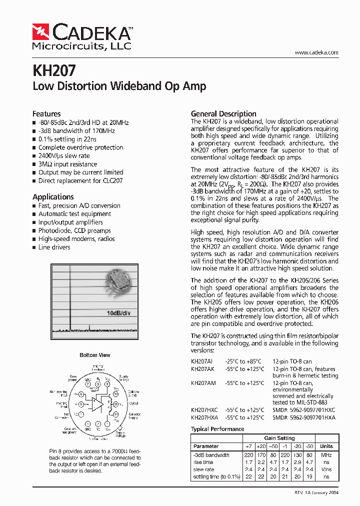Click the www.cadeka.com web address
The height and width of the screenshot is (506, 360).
316,52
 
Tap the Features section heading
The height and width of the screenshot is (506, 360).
46,113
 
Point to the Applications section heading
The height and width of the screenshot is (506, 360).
53,196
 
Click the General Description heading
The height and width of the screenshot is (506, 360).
223,113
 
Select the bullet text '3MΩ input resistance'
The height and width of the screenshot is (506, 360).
67,164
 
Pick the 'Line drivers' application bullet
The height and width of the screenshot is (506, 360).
54,247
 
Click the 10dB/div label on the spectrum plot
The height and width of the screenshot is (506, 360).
118,313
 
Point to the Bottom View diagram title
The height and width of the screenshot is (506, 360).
95,355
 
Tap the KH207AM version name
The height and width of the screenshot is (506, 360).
203,383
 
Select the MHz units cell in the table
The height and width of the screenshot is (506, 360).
326,455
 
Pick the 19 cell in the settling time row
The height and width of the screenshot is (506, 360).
309,477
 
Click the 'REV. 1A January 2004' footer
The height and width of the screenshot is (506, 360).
316,492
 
